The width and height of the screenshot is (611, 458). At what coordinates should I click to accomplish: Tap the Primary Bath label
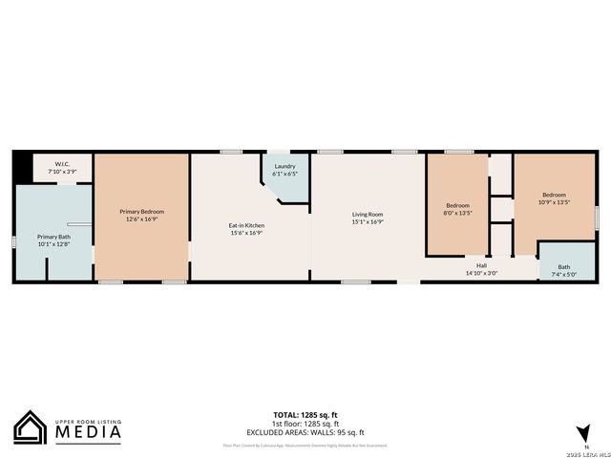point(53,237)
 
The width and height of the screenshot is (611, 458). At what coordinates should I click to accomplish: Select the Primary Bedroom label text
point(141,211)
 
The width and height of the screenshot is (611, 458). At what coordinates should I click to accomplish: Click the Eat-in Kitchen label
point(245,225)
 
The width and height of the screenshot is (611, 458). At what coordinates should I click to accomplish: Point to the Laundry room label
point(284,167)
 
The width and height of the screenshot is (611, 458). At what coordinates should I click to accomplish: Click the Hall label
point(481,265)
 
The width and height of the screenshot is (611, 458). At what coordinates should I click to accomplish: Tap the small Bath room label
point(564,267)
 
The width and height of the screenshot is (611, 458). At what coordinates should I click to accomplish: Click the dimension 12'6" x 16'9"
point(141,219)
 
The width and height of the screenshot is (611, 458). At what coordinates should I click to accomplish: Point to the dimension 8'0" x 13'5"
point(458,213)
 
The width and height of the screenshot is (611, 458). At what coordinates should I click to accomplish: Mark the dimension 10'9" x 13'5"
point(554,202)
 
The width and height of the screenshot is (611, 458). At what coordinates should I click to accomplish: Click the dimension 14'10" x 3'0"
point(481,273)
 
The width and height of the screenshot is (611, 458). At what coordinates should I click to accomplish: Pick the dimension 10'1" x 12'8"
point(53,244)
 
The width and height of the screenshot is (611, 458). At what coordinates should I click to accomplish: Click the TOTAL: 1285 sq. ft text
point(305,415)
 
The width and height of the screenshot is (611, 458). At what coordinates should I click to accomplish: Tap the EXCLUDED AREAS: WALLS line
point(305,430)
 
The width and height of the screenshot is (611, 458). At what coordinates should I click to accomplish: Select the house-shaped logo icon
point(29,427)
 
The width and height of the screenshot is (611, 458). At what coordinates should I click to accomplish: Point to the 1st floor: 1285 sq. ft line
point(305,423)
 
